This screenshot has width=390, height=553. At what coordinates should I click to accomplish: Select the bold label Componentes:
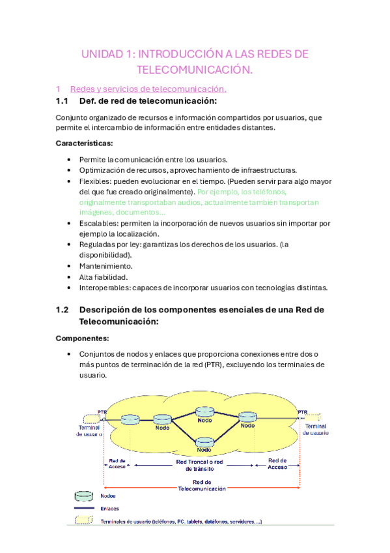(x=82, y=338)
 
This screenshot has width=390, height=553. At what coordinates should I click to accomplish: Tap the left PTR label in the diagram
(x=102, y=411)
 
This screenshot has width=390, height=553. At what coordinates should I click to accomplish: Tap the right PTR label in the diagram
(x=303, y=411)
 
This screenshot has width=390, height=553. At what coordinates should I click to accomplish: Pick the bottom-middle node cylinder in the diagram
(x=204, y=441)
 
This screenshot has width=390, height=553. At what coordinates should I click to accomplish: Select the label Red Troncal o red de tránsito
(x=199, y=464)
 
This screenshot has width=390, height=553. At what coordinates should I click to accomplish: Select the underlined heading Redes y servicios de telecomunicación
(x=148, y=89)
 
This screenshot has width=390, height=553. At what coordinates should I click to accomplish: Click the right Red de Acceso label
(x=277, y=464)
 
